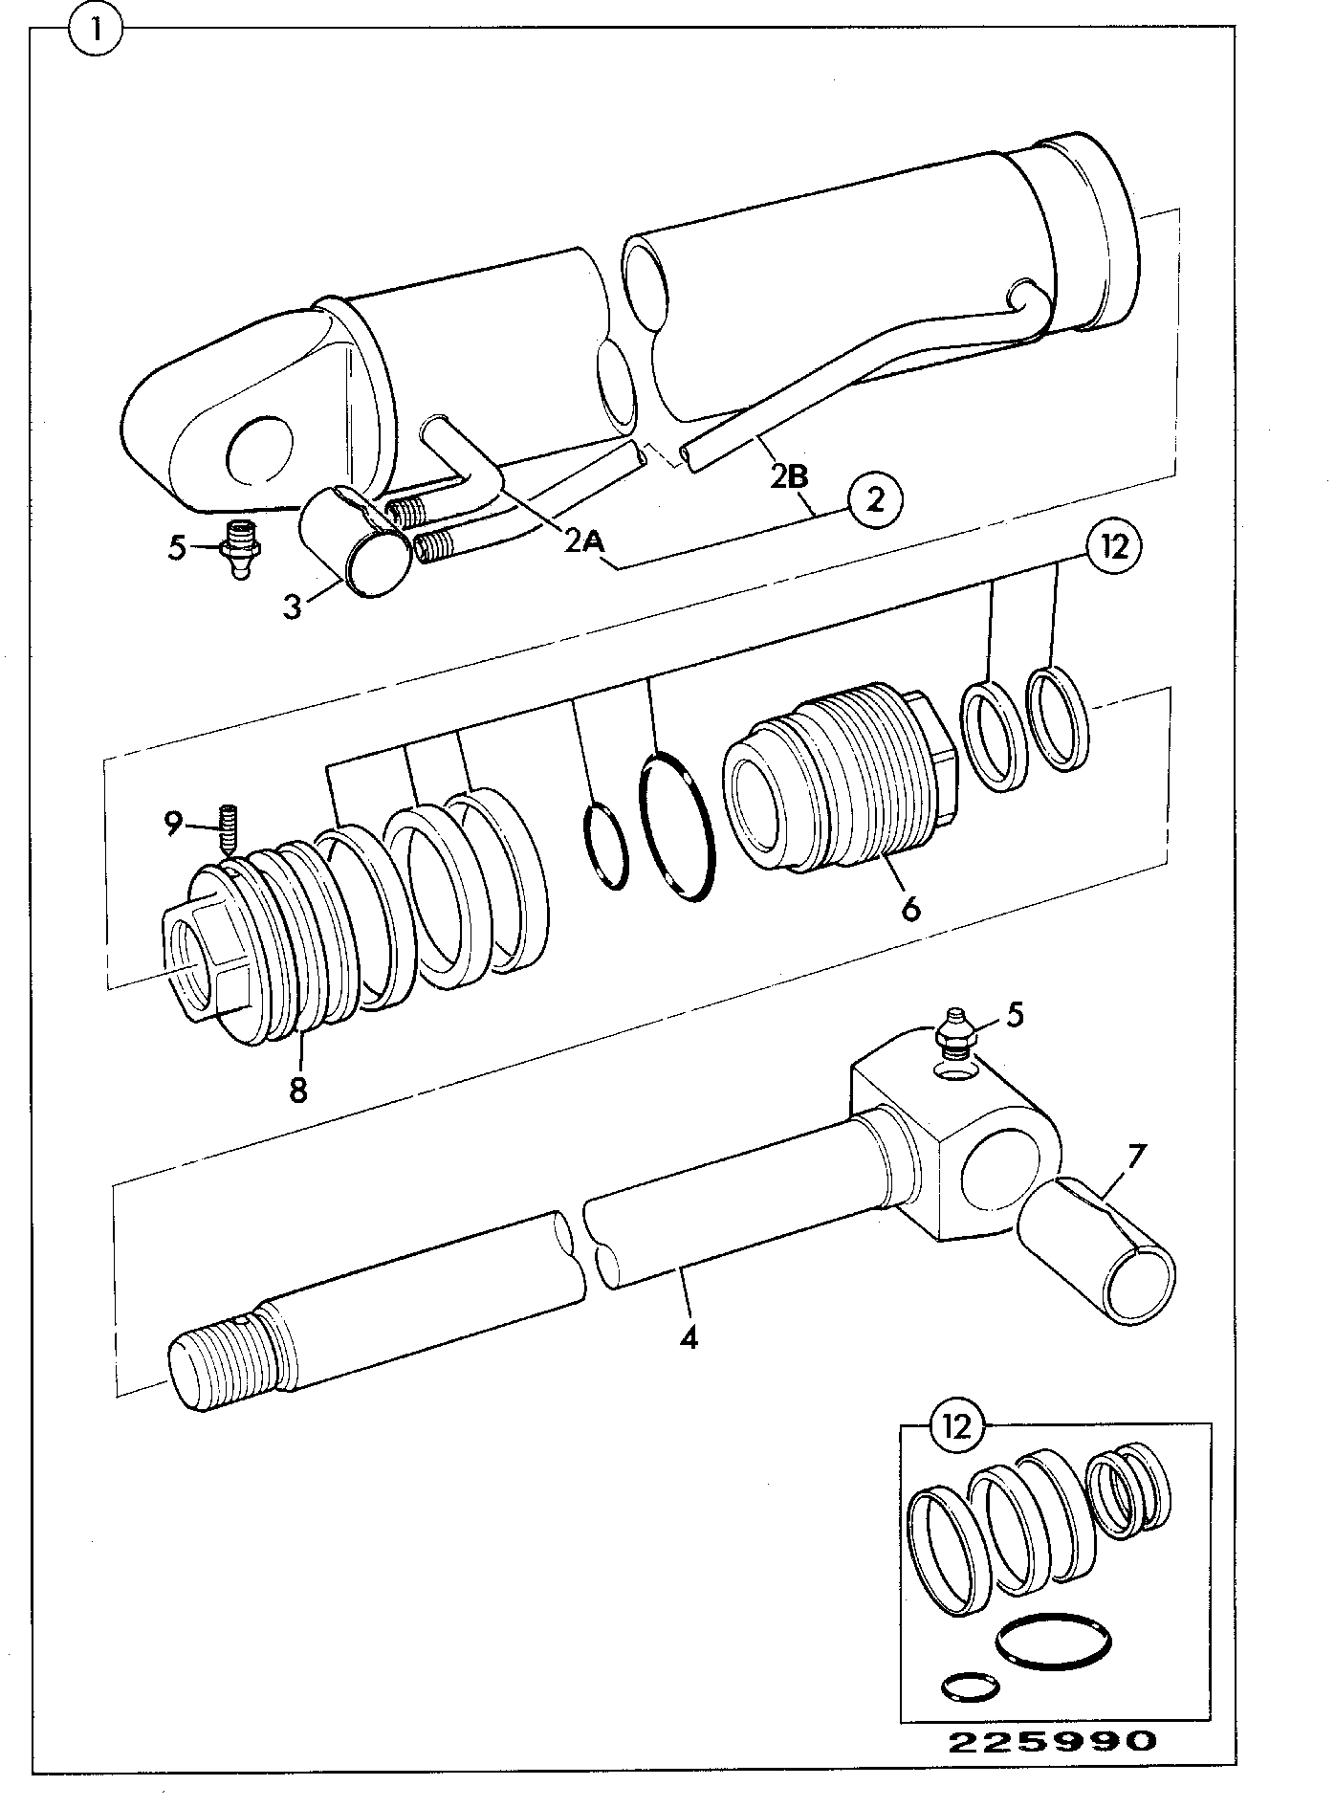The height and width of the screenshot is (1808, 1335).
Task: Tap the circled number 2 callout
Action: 875,499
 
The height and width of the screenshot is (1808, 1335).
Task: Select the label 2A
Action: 584,541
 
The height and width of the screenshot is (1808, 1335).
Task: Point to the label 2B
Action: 791,476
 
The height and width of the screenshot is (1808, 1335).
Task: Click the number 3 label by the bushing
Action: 293,606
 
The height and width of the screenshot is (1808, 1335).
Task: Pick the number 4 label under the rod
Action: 689,1336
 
